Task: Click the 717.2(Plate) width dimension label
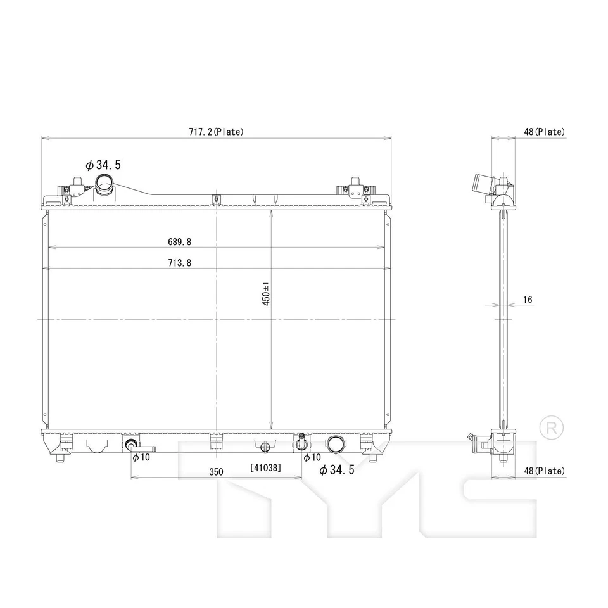pyautogui.click(x=215, y=132)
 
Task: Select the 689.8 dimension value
pyautogui.click(x=180, y=241)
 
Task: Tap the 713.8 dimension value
pyautogui.click(x=180, y=263)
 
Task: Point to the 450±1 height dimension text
pyautogui.click(x=267, y=294)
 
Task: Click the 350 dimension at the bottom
pyautogui.click(x=216, y=472)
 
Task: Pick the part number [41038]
pyautogui.click(x=265, y=468)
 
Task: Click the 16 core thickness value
pyautogui.click(x=528, y=300)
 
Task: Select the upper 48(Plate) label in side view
pyautogui.click(x=544, y=132)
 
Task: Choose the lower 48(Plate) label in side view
pyautogui.click(x=544, y=471)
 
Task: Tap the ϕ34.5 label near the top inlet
pyautogui.click(x=103, y=165)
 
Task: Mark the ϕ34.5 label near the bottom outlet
pyautogui.click(x=336, y=470)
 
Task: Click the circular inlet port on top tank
pyautogui.click(x=104, y=185)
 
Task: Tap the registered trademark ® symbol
pyautogui.click(x=550, y=427)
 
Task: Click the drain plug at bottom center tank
pyautogui.click(x=265, y=447)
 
